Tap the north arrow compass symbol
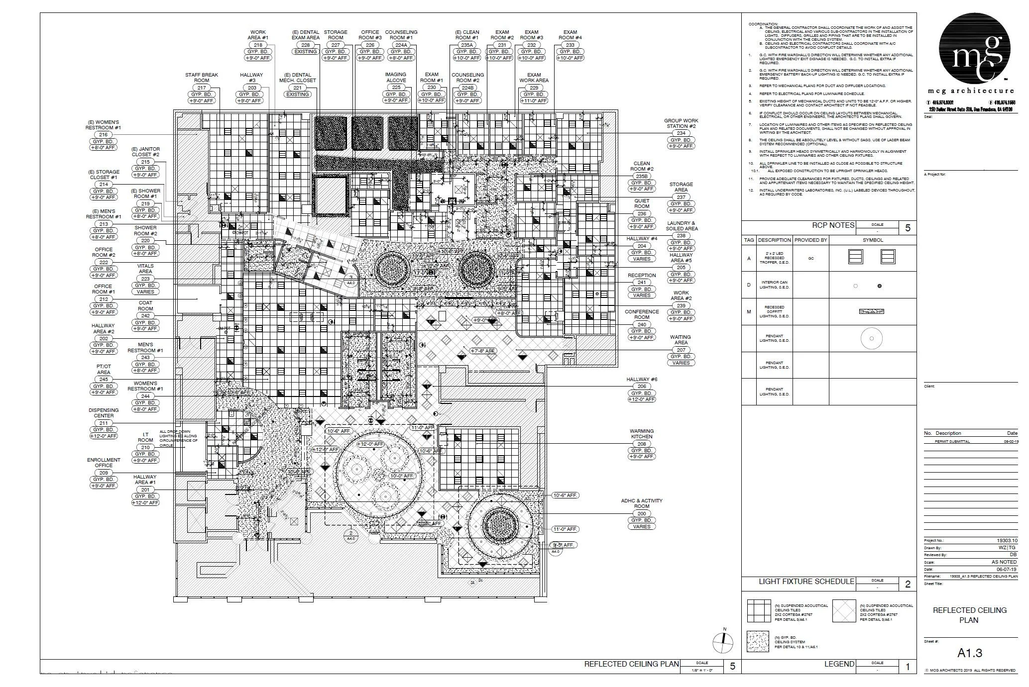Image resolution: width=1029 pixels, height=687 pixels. [x=722, y=643]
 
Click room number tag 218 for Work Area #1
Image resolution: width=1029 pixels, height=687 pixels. [x=258, y=45]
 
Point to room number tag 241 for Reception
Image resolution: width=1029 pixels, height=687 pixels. [x=642, y=282]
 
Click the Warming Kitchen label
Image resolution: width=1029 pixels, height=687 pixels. [x=642, y=434]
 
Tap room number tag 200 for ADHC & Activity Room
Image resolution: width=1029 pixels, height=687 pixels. [x=642, y=513]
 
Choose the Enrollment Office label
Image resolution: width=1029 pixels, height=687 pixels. [x=104, y=463]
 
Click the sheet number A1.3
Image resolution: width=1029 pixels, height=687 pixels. [x=969, y=653]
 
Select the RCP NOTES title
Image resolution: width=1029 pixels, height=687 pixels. [x=833, y=225]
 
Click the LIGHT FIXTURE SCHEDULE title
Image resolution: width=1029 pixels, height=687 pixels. [x=806, y=581]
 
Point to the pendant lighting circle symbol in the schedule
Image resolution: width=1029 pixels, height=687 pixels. [x=872, y=339]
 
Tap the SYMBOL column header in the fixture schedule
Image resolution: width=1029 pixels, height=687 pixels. [x=873, y=240]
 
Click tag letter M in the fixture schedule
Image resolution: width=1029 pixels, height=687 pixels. [x=749, y=312]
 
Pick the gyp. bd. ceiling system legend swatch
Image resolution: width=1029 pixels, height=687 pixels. [x=758, y=642]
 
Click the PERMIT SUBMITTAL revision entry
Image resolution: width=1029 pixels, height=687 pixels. [x=952, y=441]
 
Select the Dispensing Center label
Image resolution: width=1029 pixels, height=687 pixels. [x=104, y=413]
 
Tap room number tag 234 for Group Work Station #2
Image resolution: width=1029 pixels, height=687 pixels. [x=681, y=133]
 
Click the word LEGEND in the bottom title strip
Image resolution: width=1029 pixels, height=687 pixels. [x=839, y=664]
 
